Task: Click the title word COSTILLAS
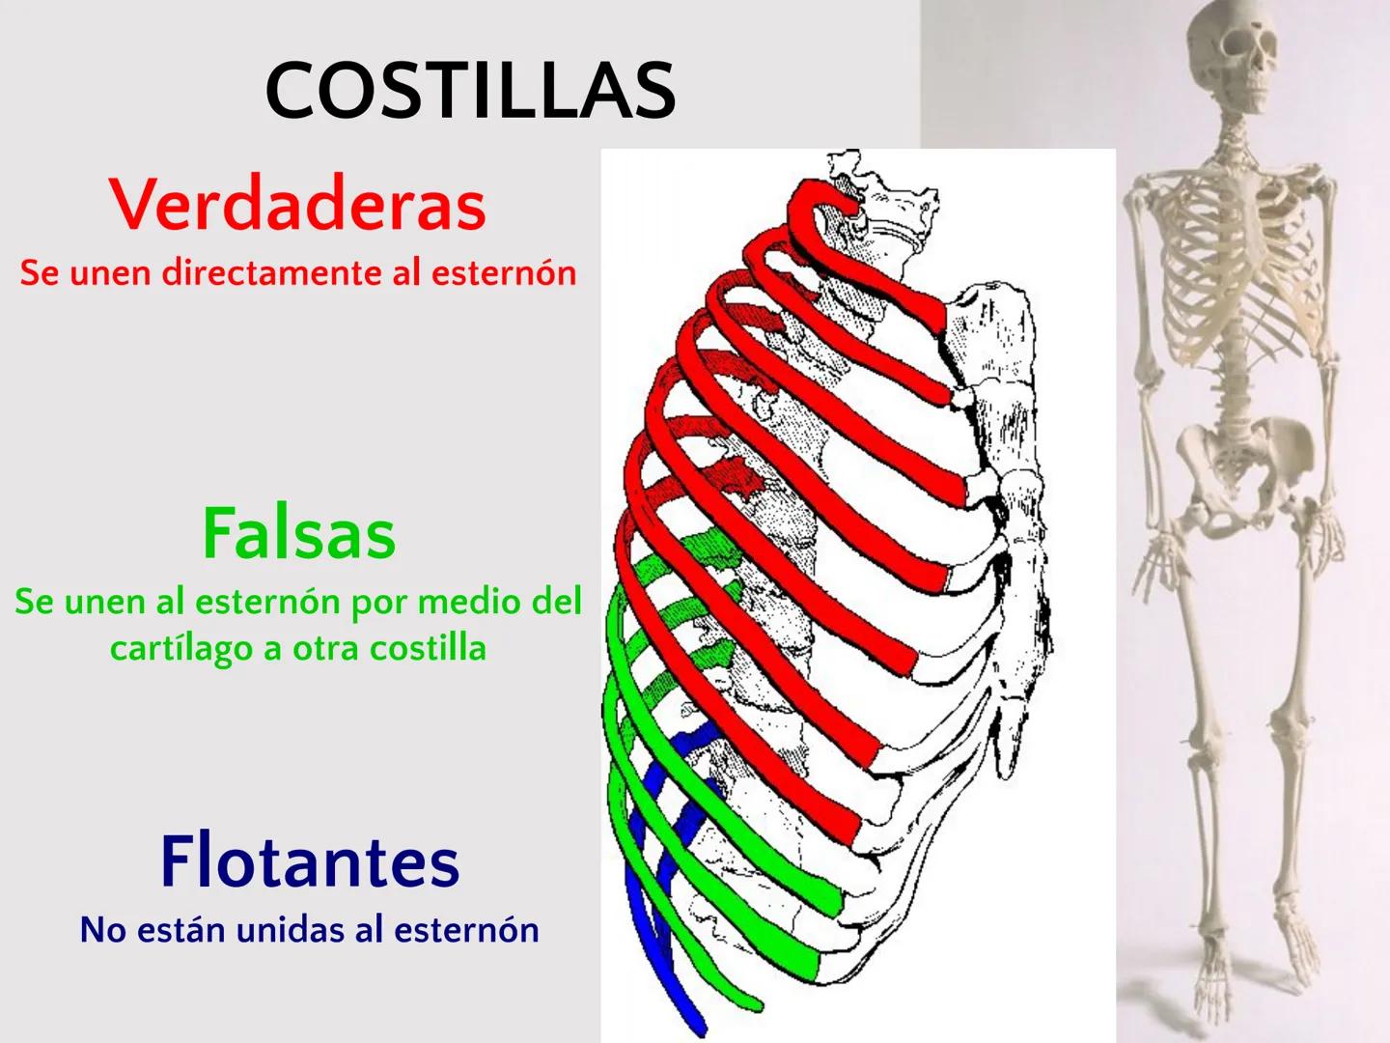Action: (470, 90)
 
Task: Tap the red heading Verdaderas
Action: (297, 205)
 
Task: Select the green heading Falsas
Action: (298, 534)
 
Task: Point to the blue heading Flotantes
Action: (309, 861)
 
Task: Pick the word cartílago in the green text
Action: (181, 649)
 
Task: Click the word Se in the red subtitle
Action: (40, 273)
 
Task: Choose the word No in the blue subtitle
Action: (102, 930)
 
